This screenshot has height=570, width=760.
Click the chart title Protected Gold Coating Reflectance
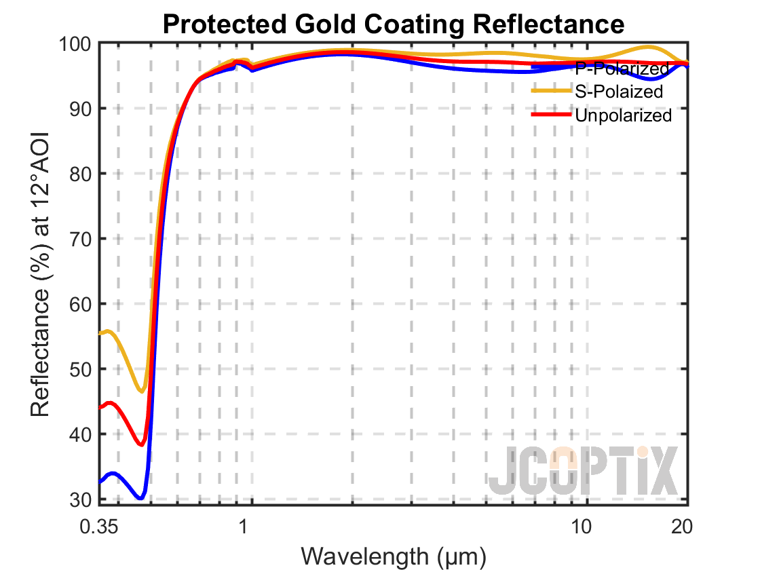click(x=394, y=24)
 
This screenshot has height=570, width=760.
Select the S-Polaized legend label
click(x=618, y=92)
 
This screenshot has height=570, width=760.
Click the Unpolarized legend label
click(x=623, y=115)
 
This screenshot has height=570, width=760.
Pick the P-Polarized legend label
click(x=622, y=69)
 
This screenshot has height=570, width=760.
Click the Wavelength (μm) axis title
click(x=394, y=556)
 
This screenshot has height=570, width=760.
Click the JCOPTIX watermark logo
click(x=584, y=470)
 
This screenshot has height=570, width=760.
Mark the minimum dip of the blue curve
click(x=140, y=497)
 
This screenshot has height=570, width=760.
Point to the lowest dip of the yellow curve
click(x=142, y=391)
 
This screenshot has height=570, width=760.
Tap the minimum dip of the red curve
click(x=141, y=444)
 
